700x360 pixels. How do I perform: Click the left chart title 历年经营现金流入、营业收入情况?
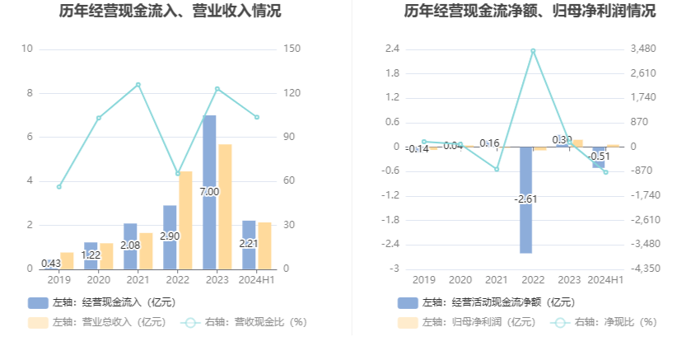tap(170, 12)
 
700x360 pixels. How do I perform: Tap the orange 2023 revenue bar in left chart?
tap(225, 206)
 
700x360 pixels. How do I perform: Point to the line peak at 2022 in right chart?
tap(533, 51)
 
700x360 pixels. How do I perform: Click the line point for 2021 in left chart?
tap(138, 85)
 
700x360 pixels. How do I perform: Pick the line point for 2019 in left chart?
tap(59, 187)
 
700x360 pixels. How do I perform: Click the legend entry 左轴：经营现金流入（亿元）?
tap(102, 302)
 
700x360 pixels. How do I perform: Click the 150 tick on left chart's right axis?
tap(291, 49)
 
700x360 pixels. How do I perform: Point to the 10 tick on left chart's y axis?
tap(26, 49)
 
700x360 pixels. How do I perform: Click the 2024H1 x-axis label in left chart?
tap(257, 280)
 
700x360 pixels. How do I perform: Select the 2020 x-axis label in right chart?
tap(460, 280)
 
